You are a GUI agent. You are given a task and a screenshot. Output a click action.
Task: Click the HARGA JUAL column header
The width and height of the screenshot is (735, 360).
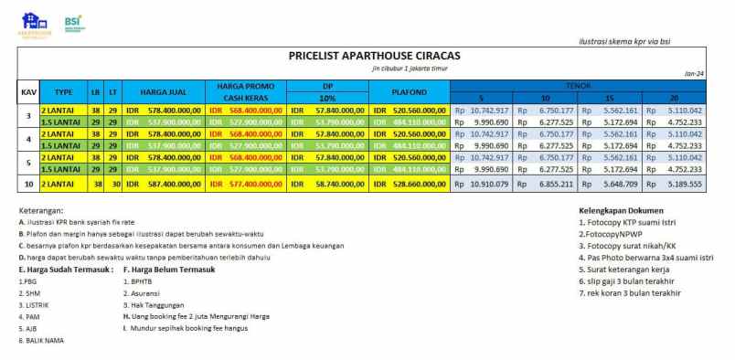(164, 92)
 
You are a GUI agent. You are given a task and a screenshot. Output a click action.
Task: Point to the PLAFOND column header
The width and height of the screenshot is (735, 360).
(409, 92)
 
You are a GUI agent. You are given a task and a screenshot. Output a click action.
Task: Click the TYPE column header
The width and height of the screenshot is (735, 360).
(63, 92)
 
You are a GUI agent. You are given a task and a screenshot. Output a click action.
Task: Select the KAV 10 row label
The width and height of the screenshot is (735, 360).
(27, 184)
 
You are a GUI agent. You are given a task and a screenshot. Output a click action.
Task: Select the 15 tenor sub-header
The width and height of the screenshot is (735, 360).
(610, 98)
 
